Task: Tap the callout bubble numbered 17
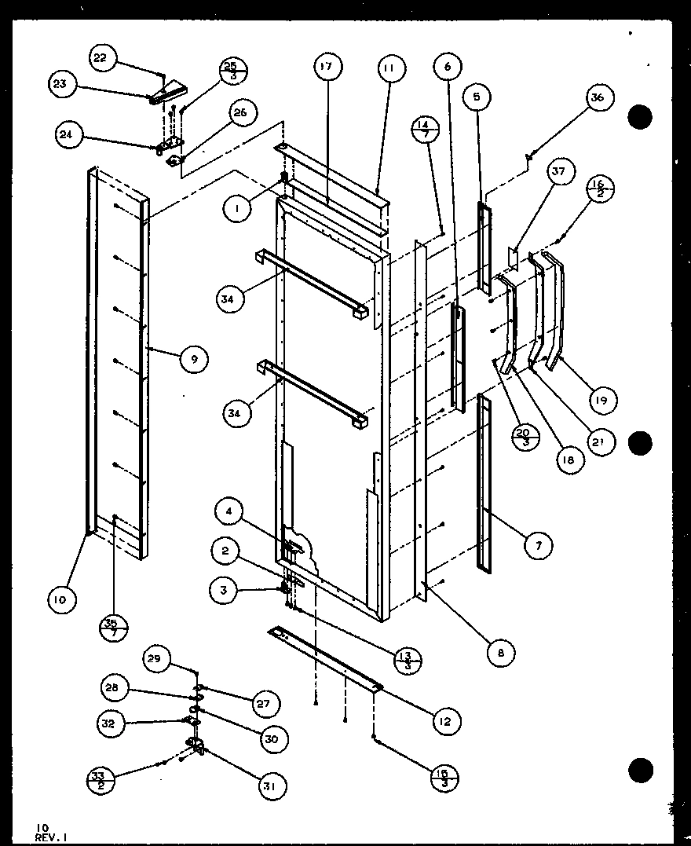326,68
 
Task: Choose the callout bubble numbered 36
598,97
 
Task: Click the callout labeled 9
193,360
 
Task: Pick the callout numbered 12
446,720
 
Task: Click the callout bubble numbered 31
273,786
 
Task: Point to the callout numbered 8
500,652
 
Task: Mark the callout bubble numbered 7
539,545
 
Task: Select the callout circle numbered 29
155,658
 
